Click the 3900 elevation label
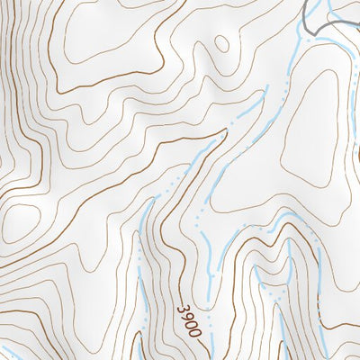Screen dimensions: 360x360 pyautogui.click(x=189, y=320)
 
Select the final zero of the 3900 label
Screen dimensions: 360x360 pyautogui.click(x=195, y=331)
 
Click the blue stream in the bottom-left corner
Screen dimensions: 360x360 pyautogui.click(x=11, y=353)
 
